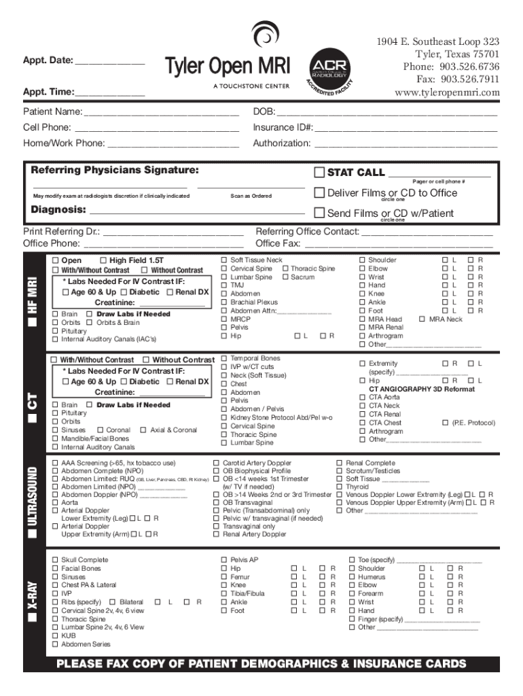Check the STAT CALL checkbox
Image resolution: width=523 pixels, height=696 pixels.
pos(320,173)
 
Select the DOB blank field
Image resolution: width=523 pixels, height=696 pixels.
pos(387,113)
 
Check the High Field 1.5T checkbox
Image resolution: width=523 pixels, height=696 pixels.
pos(103,260)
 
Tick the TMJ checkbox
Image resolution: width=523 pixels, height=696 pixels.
pos(225,285)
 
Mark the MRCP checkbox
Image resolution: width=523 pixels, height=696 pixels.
pos(225,319)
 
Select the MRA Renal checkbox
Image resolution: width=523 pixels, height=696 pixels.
pos(363,328)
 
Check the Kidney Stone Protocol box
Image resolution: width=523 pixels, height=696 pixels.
pos(225,417)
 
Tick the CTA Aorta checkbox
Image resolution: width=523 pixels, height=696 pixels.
pos(363,397)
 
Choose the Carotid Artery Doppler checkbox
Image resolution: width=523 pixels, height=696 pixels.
pos(217,463)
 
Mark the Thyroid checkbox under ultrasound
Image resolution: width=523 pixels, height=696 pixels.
pos(340,487)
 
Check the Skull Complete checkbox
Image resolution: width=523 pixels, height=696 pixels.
pos(56,560)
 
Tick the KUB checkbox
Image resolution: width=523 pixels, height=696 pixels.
pos(56,636)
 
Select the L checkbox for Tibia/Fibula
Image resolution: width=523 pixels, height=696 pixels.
pos(293,593)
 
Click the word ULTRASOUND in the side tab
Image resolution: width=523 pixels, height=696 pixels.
pos(33,496)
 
